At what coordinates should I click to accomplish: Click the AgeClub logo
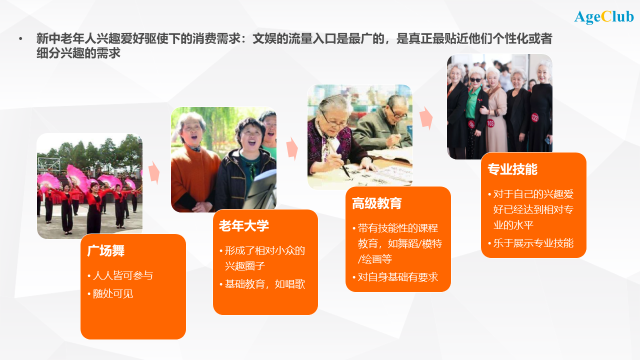[603, 17]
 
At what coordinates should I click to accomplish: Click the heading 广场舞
[105, 251]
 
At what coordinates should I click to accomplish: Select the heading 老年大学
[244, 225]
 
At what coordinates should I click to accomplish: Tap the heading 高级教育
[377, 203]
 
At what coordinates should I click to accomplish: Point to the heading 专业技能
[512, 169]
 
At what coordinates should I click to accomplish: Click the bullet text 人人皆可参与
[123, 275]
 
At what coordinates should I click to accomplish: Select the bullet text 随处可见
[113, 293]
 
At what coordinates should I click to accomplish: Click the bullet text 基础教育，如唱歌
[265, 284]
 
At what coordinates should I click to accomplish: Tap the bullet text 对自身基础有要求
[398, 277]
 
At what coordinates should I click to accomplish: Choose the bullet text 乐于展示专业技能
[533, 243]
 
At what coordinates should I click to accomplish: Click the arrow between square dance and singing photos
[154, 172]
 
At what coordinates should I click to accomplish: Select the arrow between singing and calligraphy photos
[292, 148]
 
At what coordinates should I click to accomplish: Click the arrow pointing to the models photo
[426, 118]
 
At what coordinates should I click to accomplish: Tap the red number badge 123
[535, 117]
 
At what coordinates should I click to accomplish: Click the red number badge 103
[490, 123]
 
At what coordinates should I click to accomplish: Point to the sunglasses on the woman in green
[475, 80]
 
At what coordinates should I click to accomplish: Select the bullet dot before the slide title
[20, 38]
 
